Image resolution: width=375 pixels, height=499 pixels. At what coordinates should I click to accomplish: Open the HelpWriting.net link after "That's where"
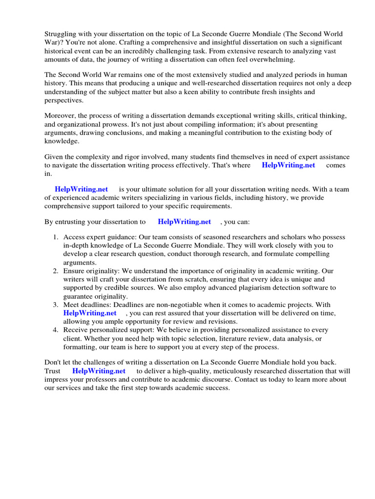pos(289,165)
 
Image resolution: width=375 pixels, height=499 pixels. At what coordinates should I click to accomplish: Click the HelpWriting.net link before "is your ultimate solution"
pos(81,189)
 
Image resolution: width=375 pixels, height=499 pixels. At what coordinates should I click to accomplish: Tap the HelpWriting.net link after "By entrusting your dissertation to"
pos(185,222)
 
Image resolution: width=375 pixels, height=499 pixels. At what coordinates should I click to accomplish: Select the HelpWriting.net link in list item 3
pos(90,313)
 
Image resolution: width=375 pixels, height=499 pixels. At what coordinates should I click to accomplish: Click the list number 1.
pos(56,237)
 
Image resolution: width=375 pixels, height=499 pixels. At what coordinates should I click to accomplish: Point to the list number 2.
pos(56,271)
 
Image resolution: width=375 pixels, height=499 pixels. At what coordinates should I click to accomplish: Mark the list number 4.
pos(56,330)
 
